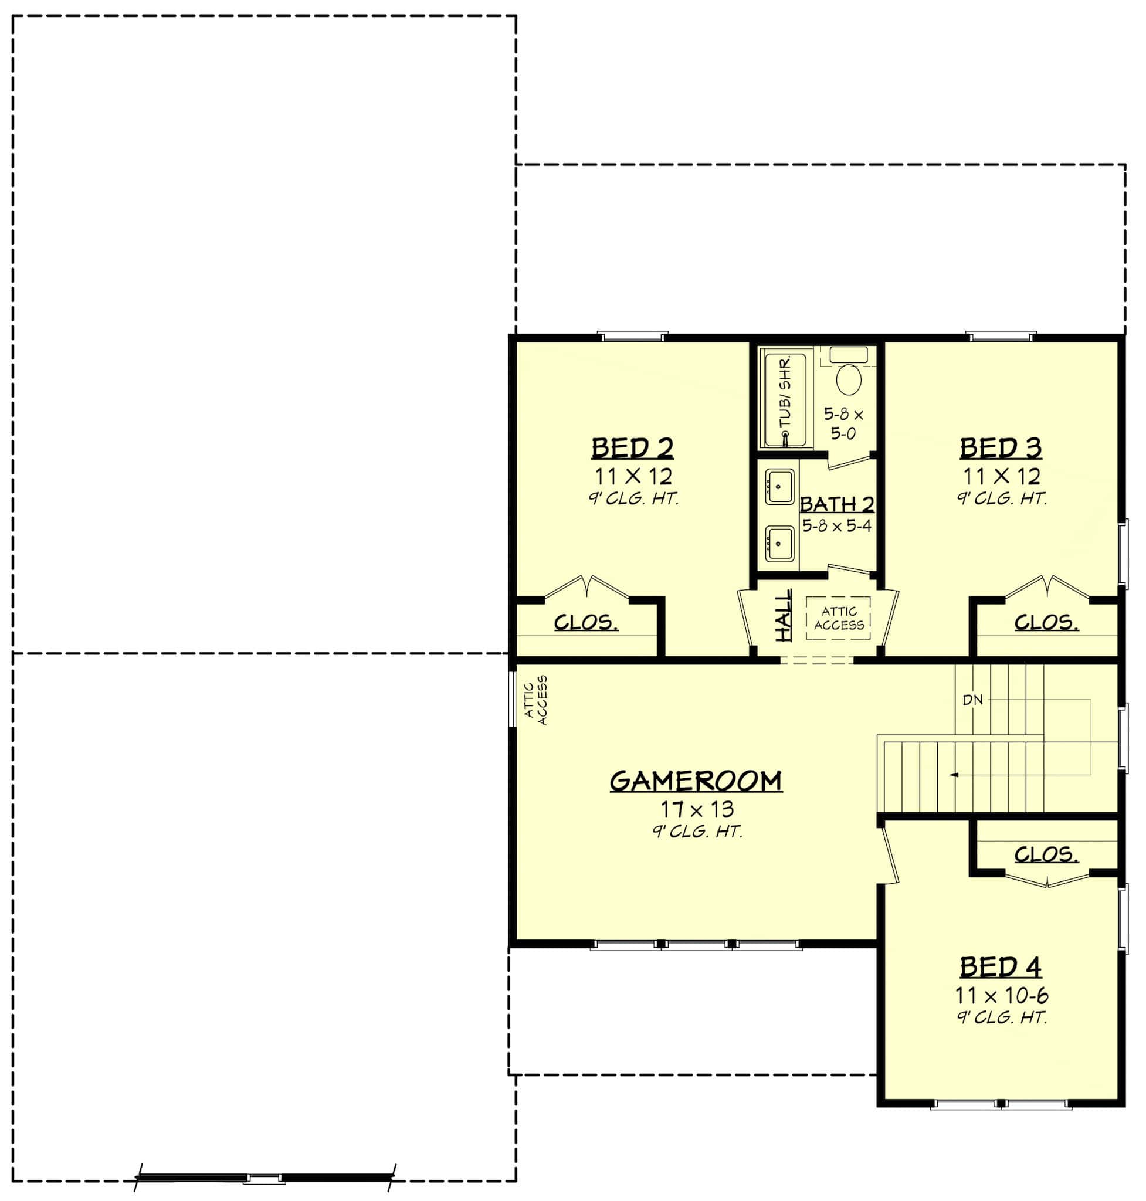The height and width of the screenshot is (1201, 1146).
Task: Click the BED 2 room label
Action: tap(632, 449)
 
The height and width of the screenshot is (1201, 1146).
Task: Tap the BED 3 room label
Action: tap(1001, 449)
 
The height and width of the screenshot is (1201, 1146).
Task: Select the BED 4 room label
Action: tap(1001, 968)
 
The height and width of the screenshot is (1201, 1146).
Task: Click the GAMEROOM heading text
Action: tap(696, 781)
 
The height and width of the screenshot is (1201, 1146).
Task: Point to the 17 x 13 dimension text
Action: tap(696, 810)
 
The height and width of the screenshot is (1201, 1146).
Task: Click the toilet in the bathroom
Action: tap(848, 379)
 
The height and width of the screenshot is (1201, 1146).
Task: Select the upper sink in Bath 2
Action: tap(780, 487)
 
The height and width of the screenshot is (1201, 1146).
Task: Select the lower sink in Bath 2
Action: tap(780, 543)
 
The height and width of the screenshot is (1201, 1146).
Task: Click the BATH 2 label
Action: tap(837, 504)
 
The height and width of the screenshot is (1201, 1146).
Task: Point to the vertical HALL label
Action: tap(784, 615)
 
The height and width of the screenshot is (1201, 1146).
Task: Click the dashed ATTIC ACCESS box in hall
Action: tap(838, 618)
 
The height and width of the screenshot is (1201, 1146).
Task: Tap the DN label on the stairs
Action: tap(972, 700)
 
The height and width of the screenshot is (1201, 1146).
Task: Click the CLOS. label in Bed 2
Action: tap(586, 623)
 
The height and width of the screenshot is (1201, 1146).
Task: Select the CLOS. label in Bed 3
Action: tap(1046, 623)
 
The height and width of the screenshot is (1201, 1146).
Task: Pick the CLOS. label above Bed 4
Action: tap(1046, 854)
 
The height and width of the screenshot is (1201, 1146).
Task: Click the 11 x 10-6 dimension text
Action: tap(1002, 996)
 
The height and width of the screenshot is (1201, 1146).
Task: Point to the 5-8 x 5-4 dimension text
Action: tap(836, 526)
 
